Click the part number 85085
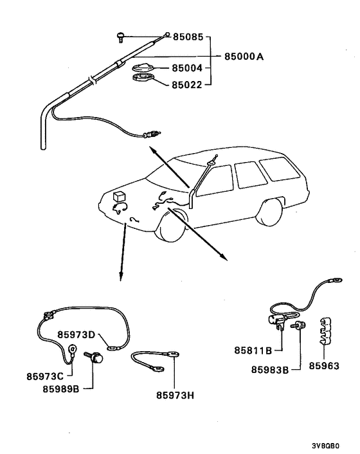pyautogui.click(x=188, y=37)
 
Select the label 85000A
pyautogui.click(x=244, y=57)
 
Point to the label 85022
pyautogui.click(x=188, y=84)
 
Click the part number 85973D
pyautogui.click(x=76, y=334)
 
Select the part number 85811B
pyautogui.click(x=255, y=351)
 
